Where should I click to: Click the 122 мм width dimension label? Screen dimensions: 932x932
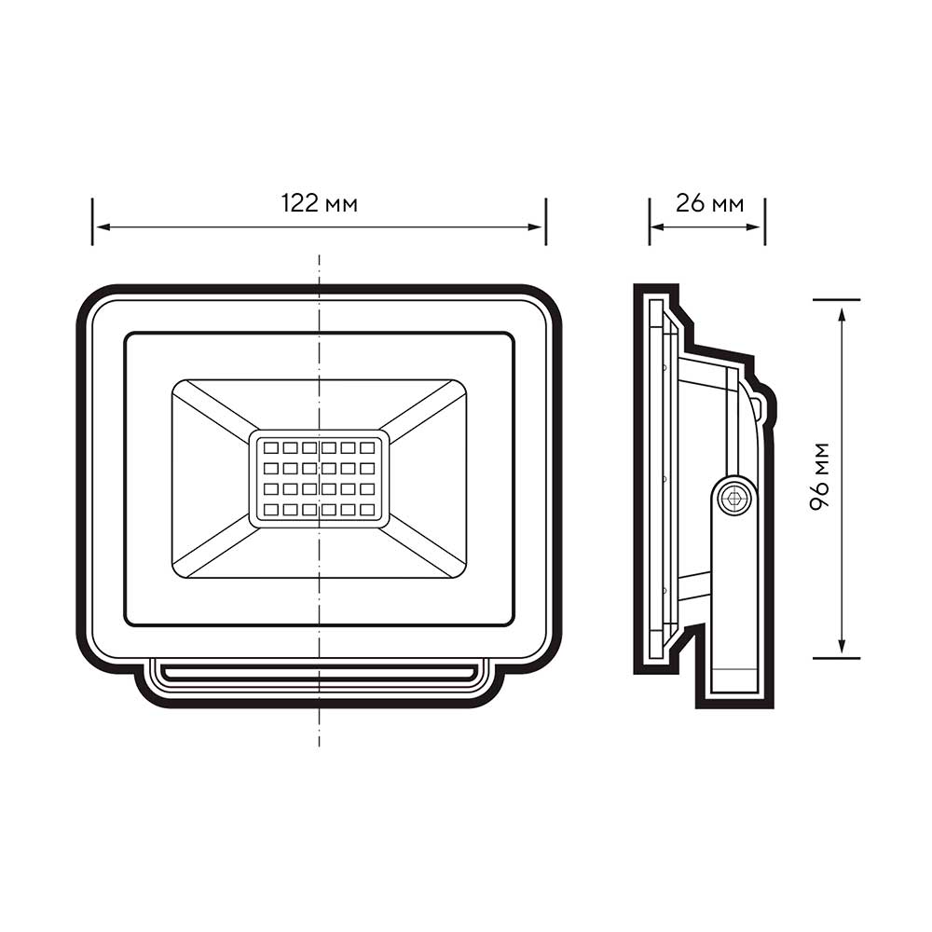319,203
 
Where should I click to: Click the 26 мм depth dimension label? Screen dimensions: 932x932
709,203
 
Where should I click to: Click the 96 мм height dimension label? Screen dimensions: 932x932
819,476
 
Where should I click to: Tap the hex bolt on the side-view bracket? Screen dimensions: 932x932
734,498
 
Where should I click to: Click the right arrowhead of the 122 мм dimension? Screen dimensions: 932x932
534,226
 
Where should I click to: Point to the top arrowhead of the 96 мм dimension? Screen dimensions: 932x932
841,314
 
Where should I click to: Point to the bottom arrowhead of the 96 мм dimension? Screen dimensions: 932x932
841,646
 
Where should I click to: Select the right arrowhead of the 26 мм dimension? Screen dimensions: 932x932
753,226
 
